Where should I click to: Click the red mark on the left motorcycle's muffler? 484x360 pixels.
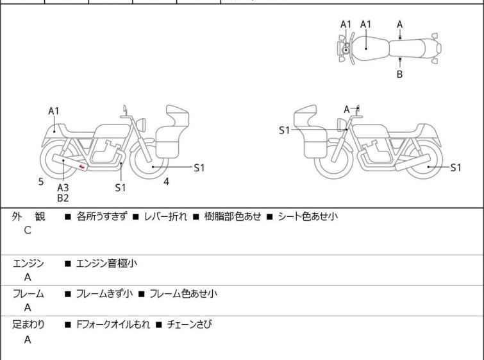click(x=81, y=167)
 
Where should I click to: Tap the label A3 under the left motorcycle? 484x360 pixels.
click(x=63, y=187)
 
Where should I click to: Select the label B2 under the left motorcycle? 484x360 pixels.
click(x=63, y=198)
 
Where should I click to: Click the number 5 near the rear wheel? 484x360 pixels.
click(x=41, y=182)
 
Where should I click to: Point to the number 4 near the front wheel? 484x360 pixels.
click(x=166, y=182)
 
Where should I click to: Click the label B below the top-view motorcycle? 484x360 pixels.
click(x=399, y=74)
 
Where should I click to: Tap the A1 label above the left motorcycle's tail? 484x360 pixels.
click(x=54, y=111)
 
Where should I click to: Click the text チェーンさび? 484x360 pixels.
click(x=188, y=325)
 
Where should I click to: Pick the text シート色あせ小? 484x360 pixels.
click(x=307, y=217)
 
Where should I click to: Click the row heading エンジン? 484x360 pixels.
click(x=28, y=263)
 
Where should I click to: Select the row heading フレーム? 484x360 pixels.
click(x=28, y=294)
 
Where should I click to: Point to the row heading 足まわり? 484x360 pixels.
click(x=28, y=325)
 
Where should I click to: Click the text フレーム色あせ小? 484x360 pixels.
click(x=183, y=294)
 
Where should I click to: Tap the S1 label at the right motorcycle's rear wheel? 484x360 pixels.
click(x=455, y=168)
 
